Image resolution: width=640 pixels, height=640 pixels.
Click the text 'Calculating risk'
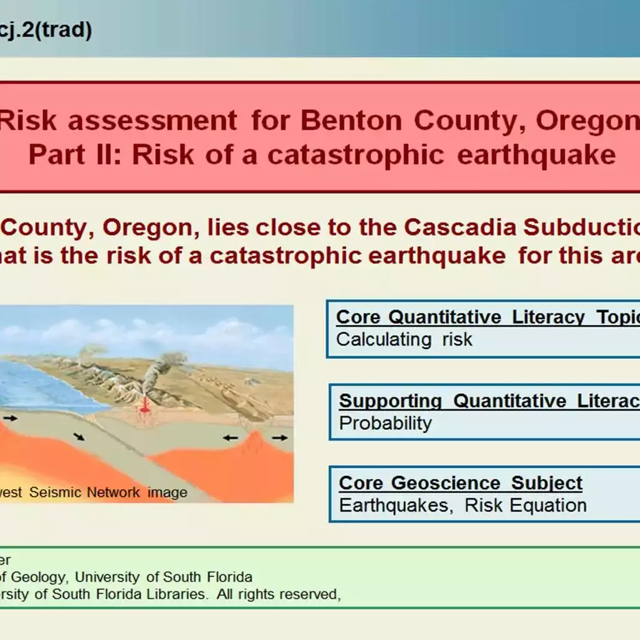[x=404, y=340]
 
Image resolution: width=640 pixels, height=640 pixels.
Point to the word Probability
[x=385, y=423]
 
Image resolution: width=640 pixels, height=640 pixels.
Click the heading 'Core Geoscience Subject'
[x=461, y=483]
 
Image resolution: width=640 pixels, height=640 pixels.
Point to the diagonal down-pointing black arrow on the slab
[x=79, y=437]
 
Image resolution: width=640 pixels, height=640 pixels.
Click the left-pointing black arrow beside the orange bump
[x=231, y=438]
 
